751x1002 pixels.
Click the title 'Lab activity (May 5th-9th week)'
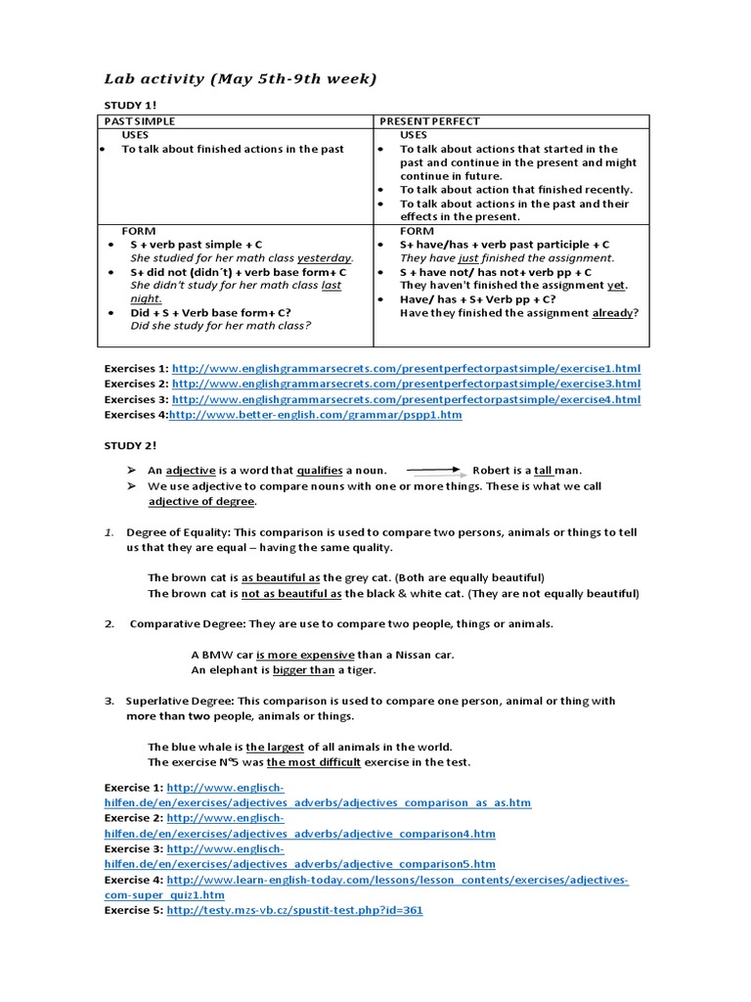[240, 79]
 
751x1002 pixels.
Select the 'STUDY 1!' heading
[130, 104]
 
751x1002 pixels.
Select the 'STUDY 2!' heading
[130, 445]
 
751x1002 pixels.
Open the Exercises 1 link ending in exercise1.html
[406, 369]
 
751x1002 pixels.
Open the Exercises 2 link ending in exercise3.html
[406, 385]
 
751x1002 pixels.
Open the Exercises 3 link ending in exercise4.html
[406, 399]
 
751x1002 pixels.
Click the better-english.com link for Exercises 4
[316, 415]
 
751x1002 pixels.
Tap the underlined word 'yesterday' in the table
[325, 258]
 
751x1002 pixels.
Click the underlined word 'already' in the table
[612, 313]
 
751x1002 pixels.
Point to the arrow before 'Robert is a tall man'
[435, 471]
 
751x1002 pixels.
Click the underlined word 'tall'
[545, 471]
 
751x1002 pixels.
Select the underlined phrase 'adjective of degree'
[201, 502]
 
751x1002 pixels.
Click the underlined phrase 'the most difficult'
[314, 762]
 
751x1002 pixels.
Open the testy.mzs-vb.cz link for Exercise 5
[294, 910]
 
